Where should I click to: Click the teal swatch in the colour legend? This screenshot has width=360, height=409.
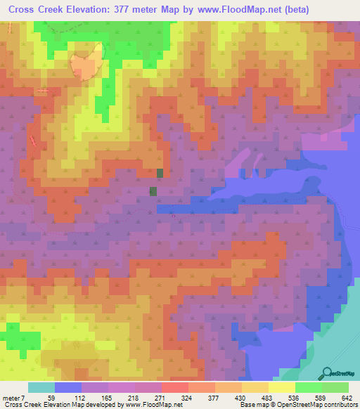tap(41, 387)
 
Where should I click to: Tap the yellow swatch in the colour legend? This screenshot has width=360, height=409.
tap(281, 387)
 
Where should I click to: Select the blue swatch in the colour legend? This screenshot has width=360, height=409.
tap(68, 387)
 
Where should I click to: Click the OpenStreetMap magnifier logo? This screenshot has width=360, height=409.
tap(326, 373)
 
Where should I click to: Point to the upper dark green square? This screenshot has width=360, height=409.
tap(160, 173)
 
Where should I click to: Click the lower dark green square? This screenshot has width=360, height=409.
tap(153, 190)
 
